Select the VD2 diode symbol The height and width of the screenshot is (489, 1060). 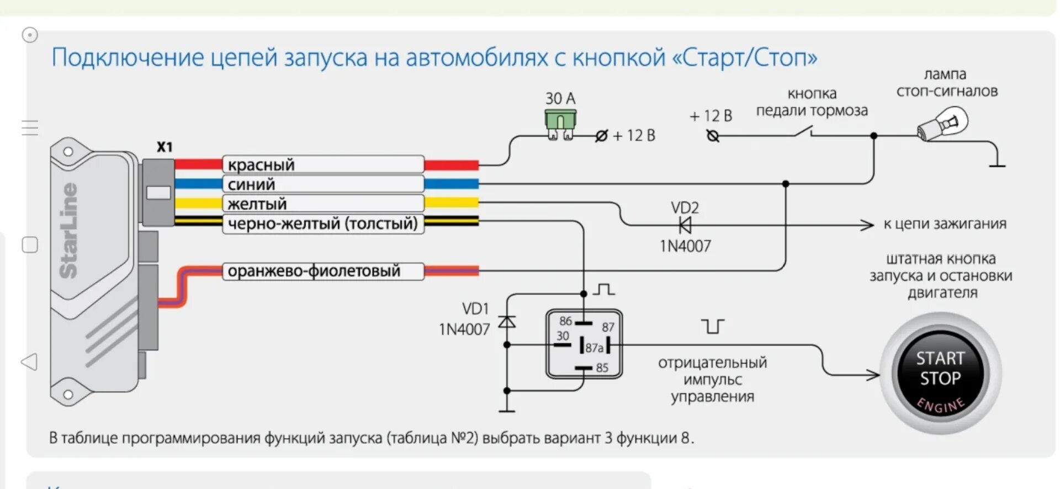coord(685,225)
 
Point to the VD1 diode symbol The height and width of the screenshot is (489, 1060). coord(507,321)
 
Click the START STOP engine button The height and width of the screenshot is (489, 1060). coord(940,373)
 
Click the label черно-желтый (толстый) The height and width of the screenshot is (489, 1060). coord(323,224)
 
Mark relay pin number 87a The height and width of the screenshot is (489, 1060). coord(594,348)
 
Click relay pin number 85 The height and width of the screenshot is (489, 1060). coord(602,368)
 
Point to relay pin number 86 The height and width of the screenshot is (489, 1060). coord(565,321)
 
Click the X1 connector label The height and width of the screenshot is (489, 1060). coord(165,147)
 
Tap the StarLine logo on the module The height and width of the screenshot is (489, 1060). coord(68,230)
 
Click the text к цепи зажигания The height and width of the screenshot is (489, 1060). coord(945,224)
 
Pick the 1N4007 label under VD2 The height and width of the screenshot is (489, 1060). coord(685,246)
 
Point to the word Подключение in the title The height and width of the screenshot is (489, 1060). coord(127,57)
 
